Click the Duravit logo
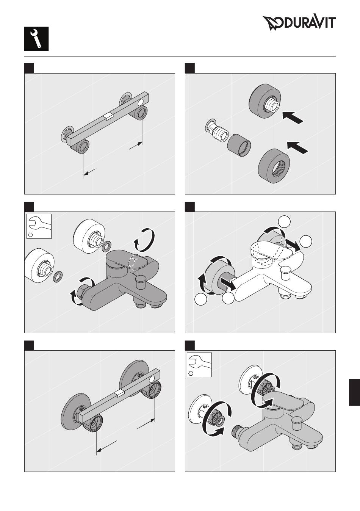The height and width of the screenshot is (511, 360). [x=299, y=23]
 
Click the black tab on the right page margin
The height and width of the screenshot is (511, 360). [x=354, y=392]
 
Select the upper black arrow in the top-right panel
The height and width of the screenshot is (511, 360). [x=293, y=117]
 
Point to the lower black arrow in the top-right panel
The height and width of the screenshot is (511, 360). [x=297, y=147]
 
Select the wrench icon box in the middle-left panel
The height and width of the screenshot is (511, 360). [x=39, y=226]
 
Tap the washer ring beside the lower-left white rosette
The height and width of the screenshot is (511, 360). [x=58, y=277]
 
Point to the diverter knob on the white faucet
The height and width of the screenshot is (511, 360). [x=285, y=273]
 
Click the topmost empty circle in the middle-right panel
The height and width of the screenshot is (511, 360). [x=284, y=221]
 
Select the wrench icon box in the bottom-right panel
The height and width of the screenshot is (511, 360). [x=199, y=365]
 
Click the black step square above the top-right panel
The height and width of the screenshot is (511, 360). [x=190, y=68]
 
